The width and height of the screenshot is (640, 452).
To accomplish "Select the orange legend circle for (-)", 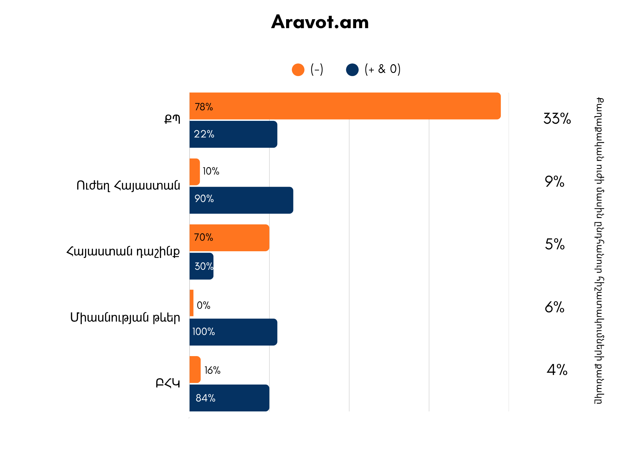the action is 298,70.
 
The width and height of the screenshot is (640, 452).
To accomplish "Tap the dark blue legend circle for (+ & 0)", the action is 352,70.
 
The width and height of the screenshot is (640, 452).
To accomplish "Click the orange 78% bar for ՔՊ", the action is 345,106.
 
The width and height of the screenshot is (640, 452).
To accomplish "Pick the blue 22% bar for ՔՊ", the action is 233,134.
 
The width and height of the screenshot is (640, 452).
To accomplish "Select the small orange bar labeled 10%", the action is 195,172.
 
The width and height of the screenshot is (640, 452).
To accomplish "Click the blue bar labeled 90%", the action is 241,200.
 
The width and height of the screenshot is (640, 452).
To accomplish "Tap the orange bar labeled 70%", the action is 229,238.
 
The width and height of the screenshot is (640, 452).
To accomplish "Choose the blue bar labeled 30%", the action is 201,266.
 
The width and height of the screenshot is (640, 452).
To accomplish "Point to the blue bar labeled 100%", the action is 233,332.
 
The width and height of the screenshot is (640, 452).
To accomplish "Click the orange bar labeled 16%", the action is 195,370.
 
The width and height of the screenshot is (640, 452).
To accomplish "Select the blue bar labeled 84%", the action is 229,398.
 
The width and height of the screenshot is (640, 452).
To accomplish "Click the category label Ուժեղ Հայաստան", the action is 128,185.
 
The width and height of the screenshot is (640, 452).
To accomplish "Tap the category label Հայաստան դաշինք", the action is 123,252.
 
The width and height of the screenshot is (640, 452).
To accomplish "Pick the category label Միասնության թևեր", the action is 125,318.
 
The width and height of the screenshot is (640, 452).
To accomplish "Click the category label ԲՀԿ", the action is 168,383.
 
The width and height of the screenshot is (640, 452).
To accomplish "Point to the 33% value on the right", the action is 557,119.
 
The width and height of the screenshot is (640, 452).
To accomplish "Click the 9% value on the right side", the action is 555,182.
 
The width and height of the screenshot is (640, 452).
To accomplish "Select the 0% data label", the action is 204,306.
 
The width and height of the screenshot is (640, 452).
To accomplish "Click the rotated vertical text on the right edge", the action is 599,251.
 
